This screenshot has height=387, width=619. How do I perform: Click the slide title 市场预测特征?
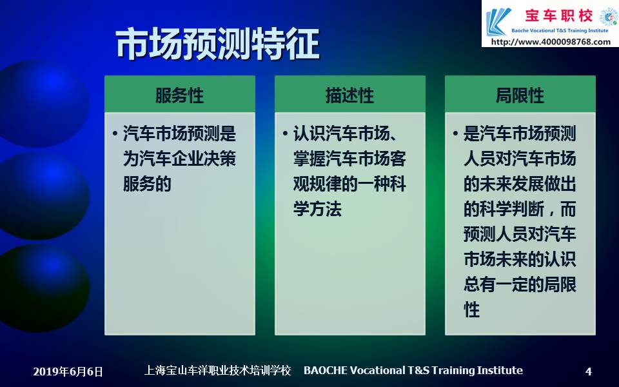click(x=217, y=44)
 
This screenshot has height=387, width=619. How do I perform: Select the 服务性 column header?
click(x=180, y=95)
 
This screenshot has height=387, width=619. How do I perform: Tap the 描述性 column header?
click(x=349, y=95)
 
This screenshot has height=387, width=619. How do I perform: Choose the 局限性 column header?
click(x=520, y=95)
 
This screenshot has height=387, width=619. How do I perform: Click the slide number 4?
click(x=588, y=372)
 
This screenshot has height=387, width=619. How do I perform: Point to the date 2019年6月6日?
click(x=68, y=372)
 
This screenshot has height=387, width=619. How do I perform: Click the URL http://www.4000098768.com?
click(x=551, y=41)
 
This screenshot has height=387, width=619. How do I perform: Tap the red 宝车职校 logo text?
click(x=558, y=15)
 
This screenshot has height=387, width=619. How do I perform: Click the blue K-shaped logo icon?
click(x=498, y=22)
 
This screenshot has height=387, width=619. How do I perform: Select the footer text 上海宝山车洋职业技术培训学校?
click(x=217, y=370)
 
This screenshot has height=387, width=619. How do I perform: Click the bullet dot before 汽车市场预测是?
click(x=115, y=134)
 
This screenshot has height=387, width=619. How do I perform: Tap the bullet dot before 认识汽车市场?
click(x=285, y=134)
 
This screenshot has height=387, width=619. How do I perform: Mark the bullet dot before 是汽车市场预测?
click(x=455, y=134)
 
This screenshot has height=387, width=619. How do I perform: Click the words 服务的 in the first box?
click(x=147, y=184)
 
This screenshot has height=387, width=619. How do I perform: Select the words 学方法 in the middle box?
click(x=317, y=209)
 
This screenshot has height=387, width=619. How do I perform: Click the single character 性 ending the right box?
click(x=472, y=310)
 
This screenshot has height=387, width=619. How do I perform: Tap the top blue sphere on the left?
click(x=43, y=103)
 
